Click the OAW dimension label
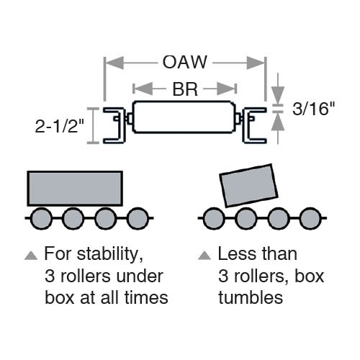pyautogui.click(x=184, y=62)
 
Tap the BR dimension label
pyautogui.click(x=185, y=89)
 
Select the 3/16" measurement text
pyautogui.click(x=313, y=109)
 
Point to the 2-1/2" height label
pyautogui.click(x=60, y=126)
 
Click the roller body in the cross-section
pyautogui.click(x=184, y=117)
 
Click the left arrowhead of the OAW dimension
pyautogui.click(x=114, y=63)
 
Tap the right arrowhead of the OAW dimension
pyautogui.click(x=256, y=63)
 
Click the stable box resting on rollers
pyautogui.click(x=75, y=189)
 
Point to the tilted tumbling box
pyautogui.click(x=248, y=186)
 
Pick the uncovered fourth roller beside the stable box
pyautogui.click(x=138, y=218)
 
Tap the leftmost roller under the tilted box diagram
pyautogui.click(x=214, y=218)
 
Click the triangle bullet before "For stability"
pyautogui.click(x=31, y=256)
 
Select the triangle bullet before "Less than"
pyautogui.click(x=204, y=256)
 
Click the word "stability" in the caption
pyautogui.click(x=110, y=255)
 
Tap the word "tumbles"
pyautogui.click(x=251, y=297)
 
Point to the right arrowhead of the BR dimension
pyautogui.click(x=225, y=89)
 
